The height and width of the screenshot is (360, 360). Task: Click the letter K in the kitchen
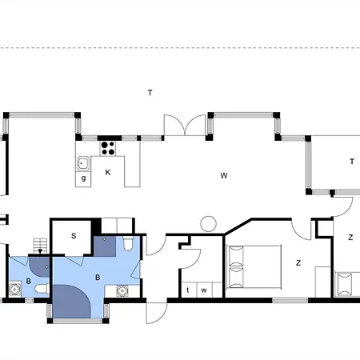click(108, 173)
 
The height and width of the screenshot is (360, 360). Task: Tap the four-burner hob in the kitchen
click(108, 149)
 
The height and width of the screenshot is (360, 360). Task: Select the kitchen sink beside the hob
click(83, 163)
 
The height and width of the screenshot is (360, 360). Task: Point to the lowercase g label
click(83, 178)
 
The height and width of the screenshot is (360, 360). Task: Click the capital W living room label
click(224, 175)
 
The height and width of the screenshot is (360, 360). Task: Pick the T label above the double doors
click(150, 93)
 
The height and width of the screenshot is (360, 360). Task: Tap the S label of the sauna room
click(74, 236)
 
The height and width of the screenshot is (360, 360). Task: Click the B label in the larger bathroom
click(98, 278)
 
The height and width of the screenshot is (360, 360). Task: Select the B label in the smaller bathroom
click(29, 281)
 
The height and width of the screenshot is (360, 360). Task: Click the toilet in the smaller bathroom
click(42, 289)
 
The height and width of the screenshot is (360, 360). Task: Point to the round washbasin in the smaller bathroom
click(14, 289)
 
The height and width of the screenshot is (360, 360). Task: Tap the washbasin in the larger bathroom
click(122, 291)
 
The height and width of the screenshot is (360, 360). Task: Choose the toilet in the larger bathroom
click(128, 244)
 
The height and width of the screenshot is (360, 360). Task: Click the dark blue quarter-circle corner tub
click(71, 302)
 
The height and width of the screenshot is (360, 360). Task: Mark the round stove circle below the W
click(209, 224)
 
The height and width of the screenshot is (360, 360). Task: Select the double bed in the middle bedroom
click(254, 267)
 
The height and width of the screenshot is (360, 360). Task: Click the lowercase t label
click(188, 290)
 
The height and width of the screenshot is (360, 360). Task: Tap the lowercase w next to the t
click(204, 290)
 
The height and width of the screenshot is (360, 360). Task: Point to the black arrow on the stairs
click(40, 251)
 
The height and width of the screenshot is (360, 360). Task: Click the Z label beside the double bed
click(298, 263)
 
